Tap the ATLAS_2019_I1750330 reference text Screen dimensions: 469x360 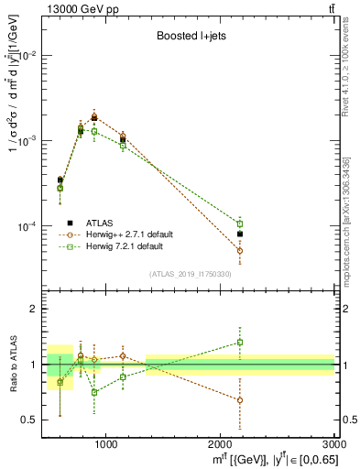[x=191, y=274]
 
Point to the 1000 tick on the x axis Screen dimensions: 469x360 [x=106, y=442]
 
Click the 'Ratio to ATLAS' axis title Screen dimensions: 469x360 [x=13, y=365]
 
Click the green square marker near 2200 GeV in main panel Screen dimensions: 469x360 [x=240, y=224]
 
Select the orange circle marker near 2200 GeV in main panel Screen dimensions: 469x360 [x=240, y=250]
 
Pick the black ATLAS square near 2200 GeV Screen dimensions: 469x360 [x=240, y=234]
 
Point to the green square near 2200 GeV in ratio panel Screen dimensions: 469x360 [x=240, y=343]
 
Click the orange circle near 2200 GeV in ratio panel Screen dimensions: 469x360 [x=240, y=400]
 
